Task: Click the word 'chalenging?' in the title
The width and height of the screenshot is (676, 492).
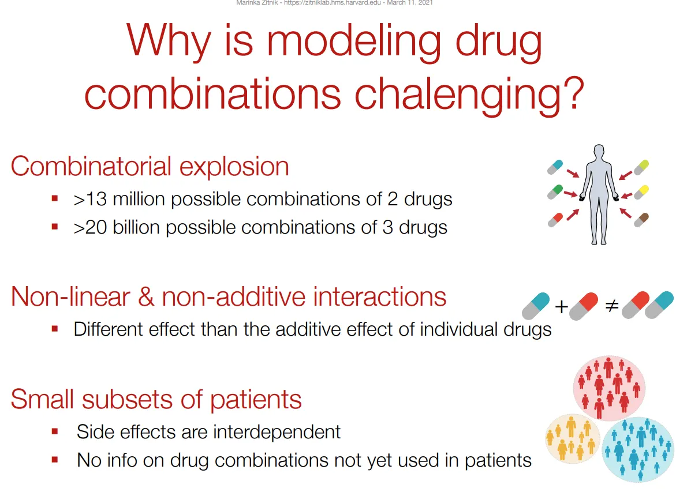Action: tap(469, 96)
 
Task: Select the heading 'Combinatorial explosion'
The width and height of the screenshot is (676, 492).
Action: tap(150, 167)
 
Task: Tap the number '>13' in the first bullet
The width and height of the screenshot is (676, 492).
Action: tap(90, 200)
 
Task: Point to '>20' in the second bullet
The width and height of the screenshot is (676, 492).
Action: tap(90, 227)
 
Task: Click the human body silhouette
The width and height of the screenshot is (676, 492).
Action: tap(599, 194)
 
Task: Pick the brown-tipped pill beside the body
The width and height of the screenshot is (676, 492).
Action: tap(641, 219)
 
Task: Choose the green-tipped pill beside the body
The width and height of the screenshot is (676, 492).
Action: tap(555, 191)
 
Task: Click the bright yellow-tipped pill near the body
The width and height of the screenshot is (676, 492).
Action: tap(641, 191)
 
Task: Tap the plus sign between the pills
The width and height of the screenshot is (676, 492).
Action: tap(561, 307)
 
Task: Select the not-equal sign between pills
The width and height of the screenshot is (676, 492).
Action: tap(612, 306)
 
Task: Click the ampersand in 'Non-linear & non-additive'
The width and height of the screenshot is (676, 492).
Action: tap(146, 297)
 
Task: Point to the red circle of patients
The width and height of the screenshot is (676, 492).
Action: tap(609, 388)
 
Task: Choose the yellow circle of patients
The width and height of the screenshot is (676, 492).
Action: tap(573, 438)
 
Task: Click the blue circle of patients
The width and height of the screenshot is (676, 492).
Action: tap(638, 449)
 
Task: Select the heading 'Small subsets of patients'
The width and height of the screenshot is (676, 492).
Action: tap(156, 399)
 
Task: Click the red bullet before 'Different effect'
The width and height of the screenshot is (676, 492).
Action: tap(55, 329)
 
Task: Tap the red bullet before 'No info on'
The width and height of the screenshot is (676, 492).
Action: tap(55, 460)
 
